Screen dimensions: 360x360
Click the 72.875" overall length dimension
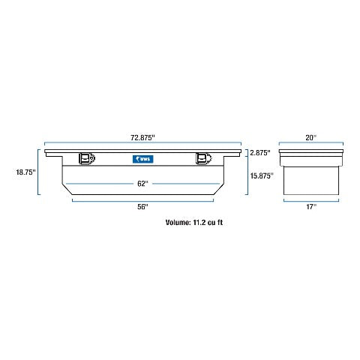point(142,138)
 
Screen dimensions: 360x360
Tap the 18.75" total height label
point(26,172)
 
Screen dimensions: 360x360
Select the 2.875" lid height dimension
point(260,153)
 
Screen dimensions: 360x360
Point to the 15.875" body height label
point(262,176)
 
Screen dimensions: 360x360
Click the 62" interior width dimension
point(142,184)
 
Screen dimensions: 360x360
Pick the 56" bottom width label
point(142,207)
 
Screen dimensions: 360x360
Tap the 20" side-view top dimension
point(311,138)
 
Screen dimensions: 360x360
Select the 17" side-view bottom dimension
point(311,207)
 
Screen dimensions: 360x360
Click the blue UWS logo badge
point(142,159)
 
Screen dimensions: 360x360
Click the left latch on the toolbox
point(87,158)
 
